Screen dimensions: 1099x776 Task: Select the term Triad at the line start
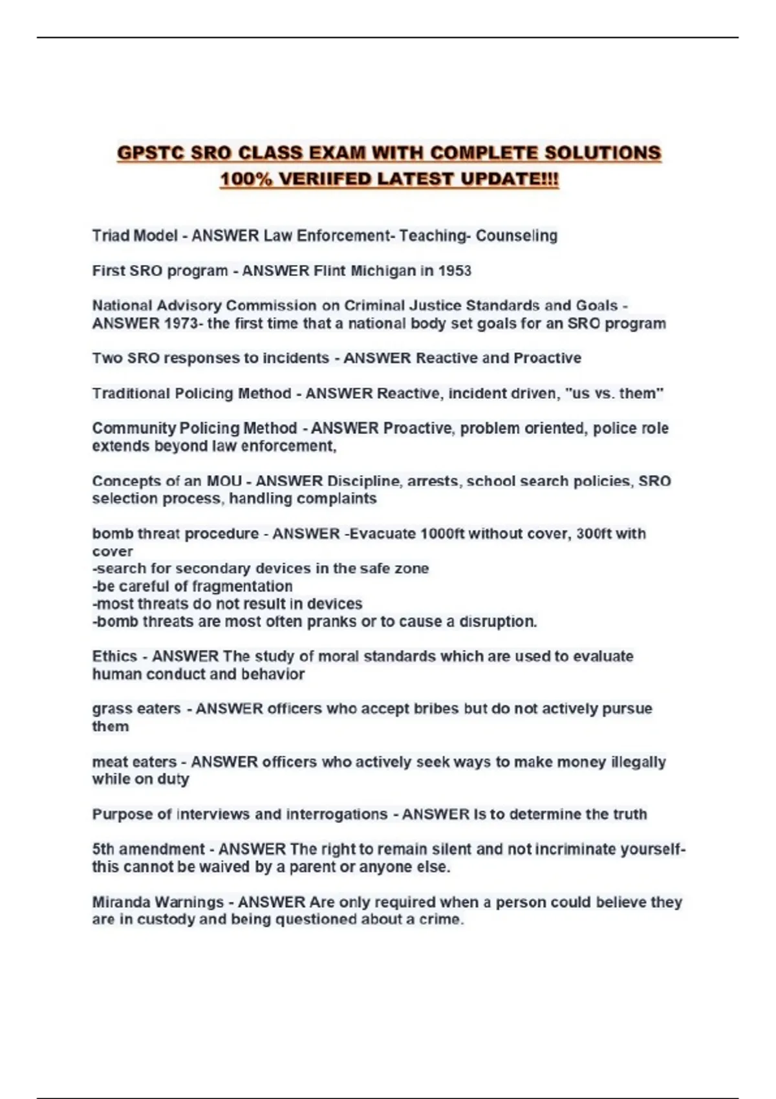(111, 236)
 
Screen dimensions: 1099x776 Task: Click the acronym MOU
(224, 481)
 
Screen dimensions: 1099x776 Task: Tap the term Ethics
(114, 656)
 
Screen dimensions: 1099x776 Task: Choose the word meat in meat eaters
(108, 762)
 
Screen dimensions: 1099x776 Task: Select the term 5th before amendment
(103, 849)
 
